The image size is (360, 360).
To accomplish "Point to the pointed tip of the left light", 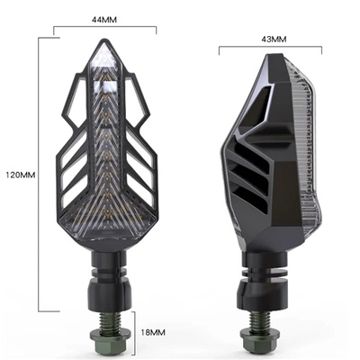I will pos(105,46).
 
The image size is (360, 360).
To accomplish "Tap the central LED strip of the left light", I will pos(105,162).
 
